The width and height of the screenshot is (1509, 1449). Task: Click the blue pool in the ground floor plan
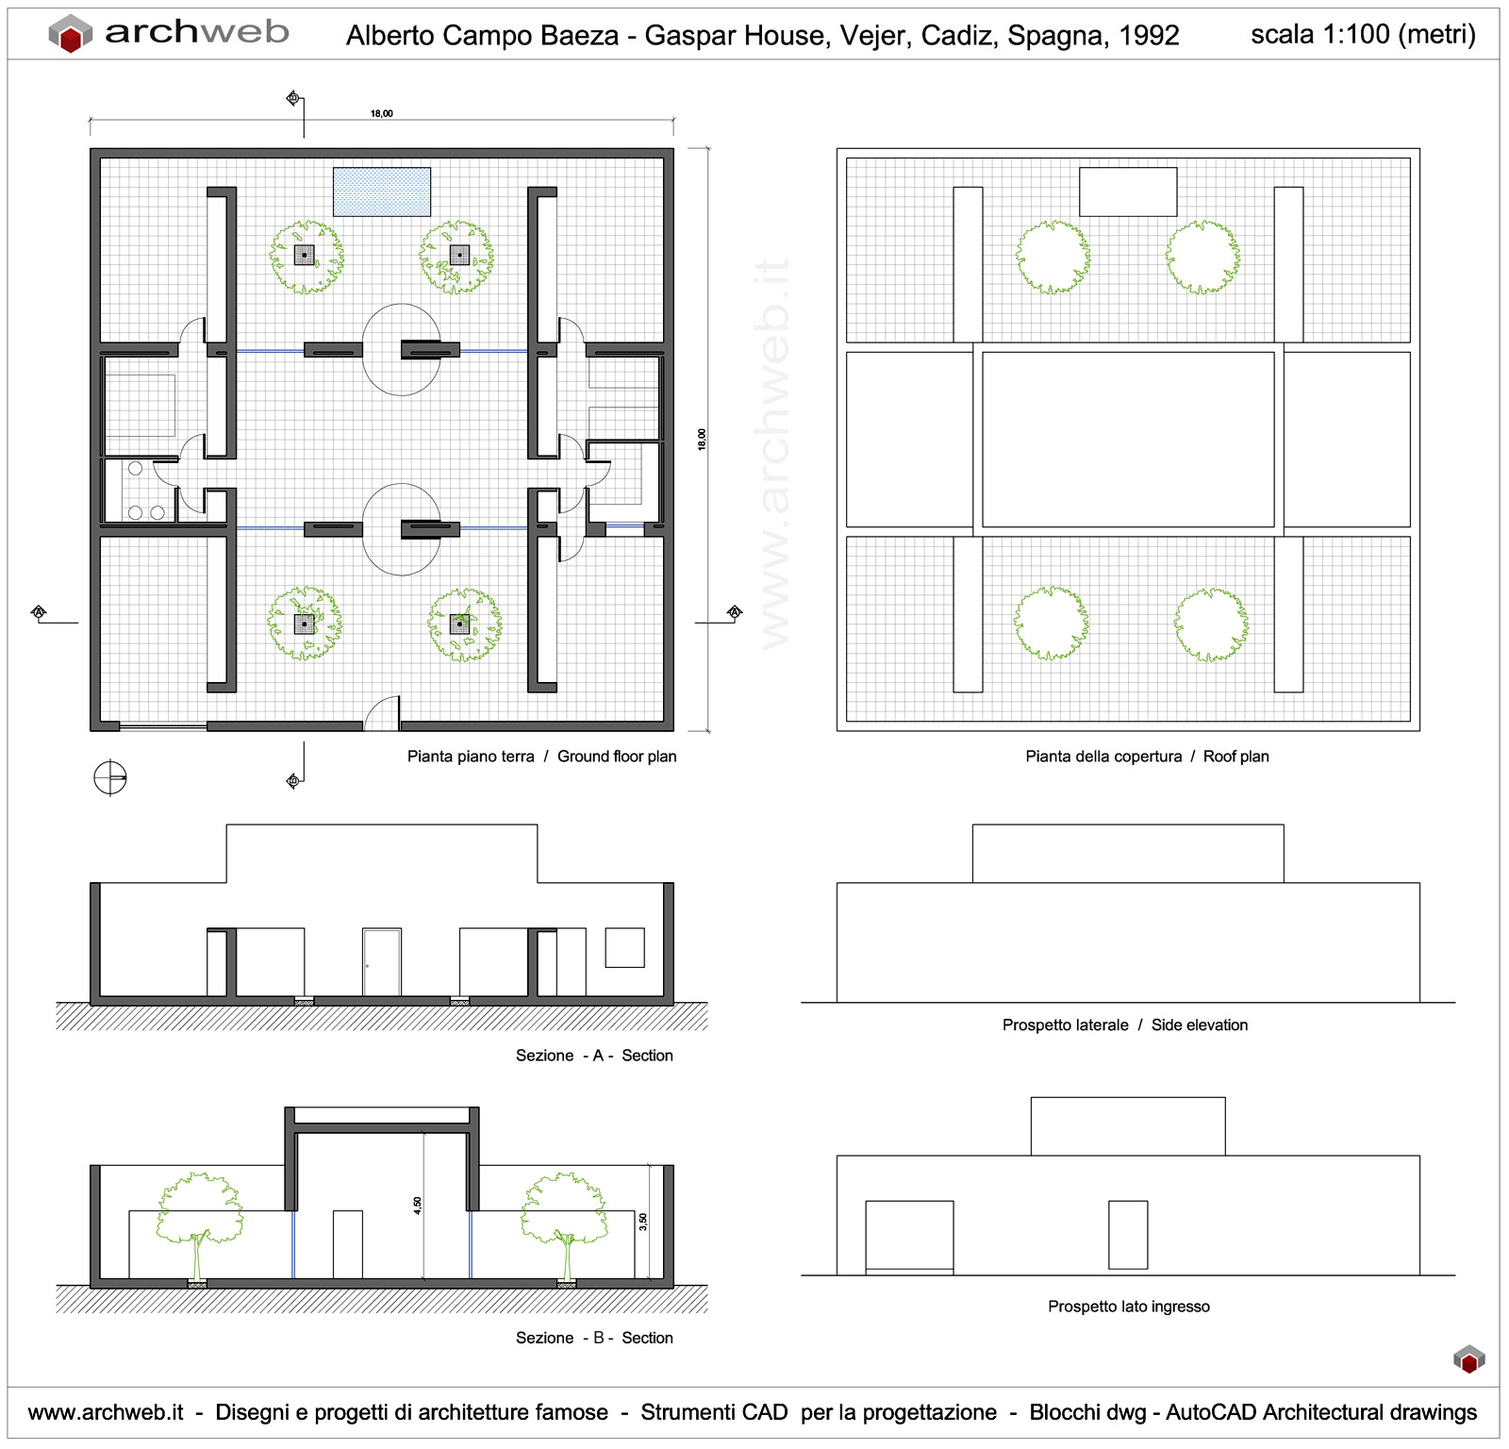coord(382,192)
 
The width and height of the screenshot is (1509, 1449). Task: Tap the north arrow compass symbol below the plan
coord(110,778)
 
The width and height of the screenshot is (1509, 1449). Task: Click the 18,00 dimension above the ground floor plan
coord(381,113)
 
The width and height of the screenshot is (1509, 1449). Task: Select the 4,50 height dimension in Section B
coord(417,1205)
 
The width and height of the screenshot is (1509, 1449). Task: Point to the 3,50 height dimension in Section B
coord(643,1221)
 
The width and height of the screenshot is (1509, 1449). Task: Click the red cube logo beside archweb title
coord(71,35)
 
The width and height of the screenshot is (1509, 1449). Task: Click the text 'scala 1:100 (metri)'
coord(1363,35)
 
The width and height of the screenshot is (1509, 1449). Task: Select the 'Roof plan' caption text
coord(1235,757)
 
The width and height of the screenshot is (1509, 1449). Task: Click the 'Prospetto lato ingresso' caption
coord(1128,1307)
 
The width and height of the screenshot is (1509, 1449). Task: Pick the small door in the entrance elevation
coord(1128,1235)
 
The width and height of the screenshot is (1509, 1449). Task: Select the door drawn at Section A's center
coord(382,962)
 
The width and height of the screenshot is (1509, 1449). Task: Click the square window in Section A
coord(624,947)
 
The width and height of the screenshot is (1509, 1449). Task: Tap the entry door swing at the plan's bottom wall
coord(383,714)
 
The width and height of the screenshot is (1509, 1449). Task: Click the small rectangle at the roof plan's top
coord(1128,192)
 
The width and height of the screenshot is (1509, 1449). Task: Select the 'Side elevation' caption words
coord(1199,1025)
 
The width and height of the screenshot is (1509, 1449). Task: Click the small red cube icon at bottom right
coord(1468,1360)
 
